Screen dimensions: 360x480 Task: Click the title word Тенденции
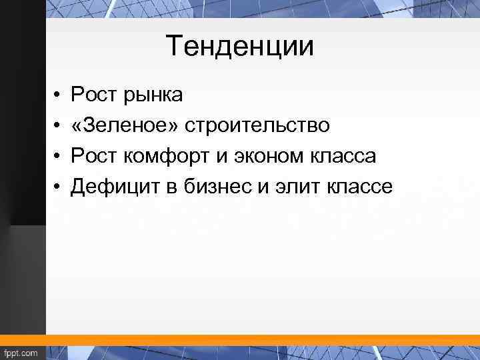239,47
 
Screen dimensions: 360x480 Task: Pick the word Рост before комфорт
94,157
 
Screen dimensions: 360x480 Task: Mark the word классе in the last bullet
361,187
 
